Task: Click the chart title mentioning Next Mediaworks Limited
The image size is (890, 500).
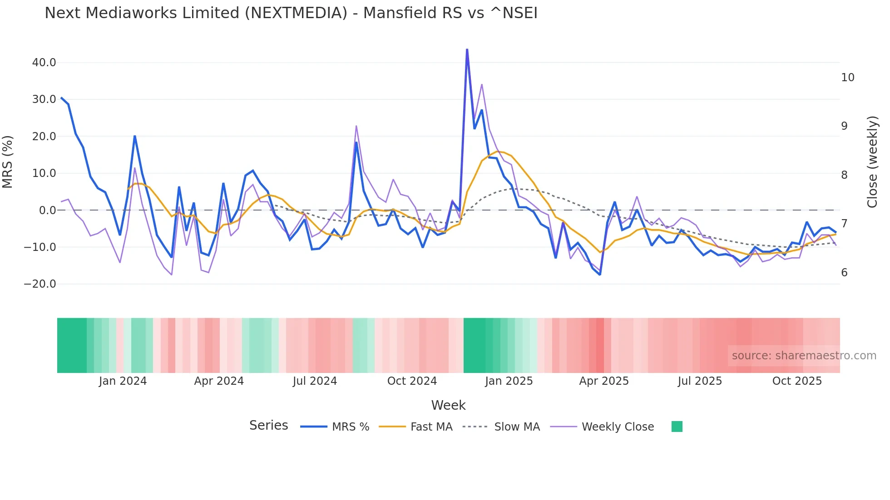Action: coord(291,13)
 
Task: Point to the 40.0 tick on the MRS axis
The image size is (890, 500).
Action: coord(44,63)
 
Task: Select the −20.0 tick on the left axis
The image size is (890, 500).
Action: coord(40,284)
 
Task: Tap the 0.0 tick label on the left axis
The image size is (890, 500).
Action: coord(47,211)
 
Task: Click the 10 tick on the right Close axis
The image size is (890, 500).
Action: coord(847,78)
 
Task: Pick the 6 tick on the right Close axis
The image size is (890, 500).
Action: coord(844,273)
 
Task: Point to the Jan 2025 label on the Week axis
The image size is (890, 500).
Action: coord(509,381)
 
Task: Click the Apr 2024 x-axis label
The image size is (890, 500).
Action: coord(219,381)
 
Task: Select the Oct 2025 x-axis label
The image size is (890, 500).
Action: coord(797,381)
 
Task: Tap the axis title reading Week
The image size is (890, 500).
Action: coord(448,405)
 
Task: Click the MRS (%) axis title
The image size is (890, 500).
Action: coord(8,162)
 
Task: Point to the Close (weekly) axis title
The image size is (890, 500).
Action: coord(872,162)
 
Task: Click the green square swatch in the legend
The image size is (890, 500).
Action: coord(677,426)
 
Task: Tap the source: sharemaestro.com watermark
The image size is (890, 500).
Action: coord(804,356)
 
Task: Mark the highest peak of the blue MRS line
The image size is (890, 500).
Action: coord(467,49)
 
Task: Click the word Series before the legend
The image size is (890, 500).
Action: coord(268,426)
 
